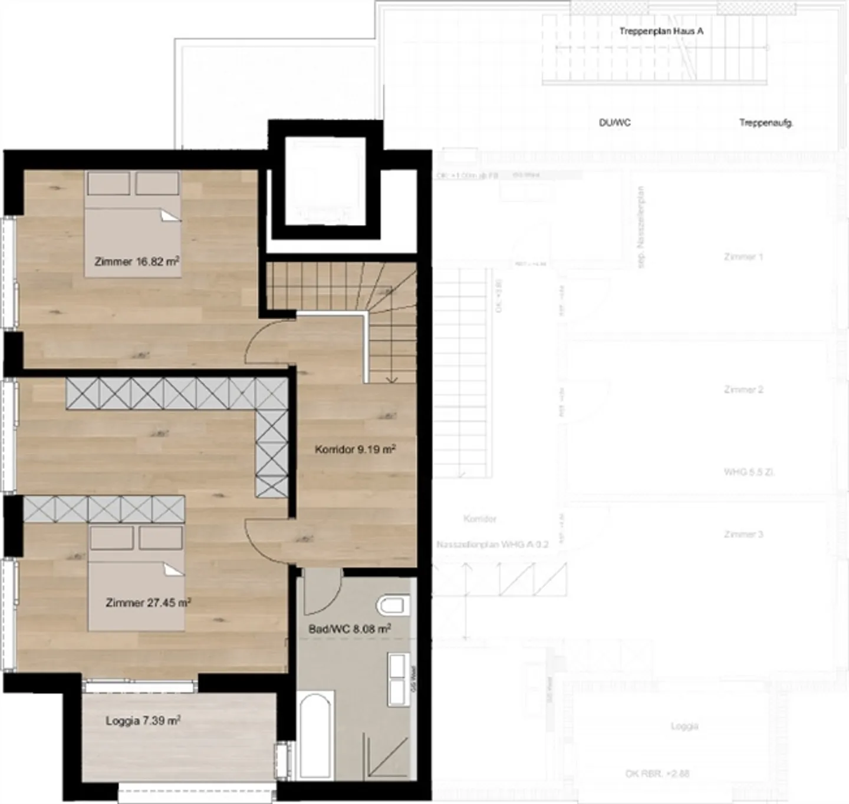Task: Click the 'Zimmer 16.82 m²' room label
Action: (x=137, y=262)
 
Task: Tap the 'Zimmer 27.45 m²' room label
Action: (x=148, y=603)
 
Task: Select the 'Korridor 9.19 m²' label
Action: (x=355, y=449)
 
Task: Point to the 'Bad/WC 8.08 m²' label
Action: (x=350, y=629)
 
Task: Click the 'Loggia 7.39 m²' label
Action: (x=143, y=720)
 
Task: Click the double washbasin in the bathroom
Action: (x=397, y=679)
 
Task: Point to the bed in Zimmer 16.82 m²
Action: (x=133, y=224)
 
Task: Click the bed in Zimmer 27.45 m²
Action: (x=136, y=577)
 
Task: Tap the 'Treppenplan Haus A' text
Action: (x=661, y=31)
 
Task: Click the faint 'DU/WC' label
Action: (x=615, y=123)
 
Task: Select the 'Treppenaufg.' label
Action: (x=766, y=123)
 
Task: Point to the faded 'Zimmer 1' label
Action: (x=743, y=257)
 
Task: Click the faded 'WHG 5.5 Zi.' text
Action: (x=749, y=472)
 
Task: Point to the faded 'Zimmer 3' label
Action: (x=743, y=534)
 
